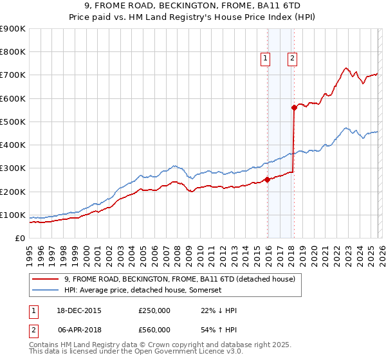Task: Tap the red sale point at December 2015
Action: tap(268, 180)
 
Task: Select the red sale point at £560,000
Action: tap(294, 108)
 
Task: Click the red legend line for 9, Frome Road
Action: tap(46, 279)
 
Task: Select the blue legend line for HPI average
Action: tap(46, 291)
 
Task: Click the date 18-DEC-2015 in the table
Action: tap(80, 310)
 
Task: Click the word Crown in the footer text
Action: tap(135, 345)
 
